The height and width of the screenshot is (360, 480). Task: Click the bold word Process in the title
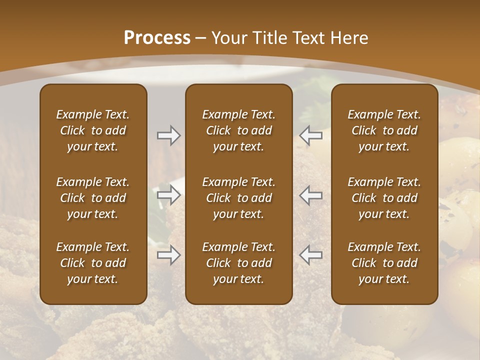pos(157,38)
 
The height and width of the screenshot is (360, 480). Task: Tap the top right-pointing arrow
pos(168,135)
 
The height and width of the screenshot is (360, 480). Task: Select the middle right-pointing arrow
pos(168,195)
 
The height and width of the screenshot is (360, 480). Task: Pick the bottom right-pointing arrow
pos(168,255)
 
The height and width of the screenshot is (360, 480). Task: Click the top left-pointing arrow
pos(311,135)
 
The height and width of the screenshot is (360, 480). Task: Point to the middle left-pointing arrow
pos(311,195)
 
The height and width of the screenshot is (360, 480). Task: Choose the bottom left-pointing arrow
pos(311,255)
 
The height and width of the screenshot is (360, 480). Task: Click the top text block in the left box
pos(93,130)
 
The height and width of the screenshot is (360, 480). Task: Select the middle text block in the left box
pos(93,198)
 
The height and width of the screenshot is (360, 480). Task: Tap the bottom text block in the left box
pos(93,263)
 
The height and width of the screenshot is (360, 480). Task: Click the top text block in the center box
pos(238,130)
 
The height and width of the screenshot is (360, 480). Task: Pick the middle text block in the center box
pos(238,198)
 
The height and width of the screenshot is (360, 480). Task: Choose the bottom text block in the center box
pos(238,263)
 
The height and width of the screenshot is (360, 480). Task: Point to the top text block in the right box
pos(384,130)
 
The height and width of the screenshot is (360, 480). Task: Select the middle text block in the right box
pos(384,198)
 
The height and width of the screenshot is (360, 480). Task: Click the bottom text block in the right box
pos(384,263)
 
